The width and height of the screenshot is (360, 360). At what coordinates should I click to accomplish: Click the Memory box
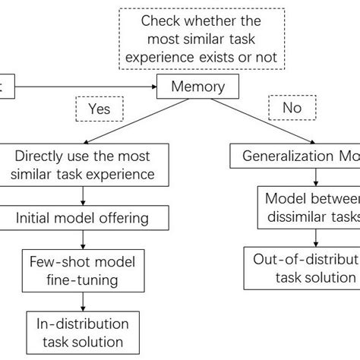click(x=198, y=87)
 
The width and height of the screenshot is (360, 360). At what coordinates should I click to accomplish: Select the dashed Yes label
click(x=99, y=109)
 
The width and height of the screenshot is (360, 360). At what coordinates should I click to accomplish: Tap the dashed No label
click(x=291, y=109)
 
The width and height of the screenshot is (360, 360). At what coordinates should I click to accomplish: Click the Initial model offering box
click(x=83, y=218)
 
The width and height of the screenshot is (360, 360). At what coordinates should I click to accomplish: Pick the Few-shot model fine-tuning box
click(x=82, y=272)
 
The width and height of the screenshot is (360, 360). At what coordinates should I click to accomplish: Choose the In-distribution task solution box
click(x=83, y=331)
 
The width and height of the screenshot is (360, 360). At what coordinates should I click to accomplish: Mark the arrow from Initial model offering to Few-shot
click(x=83, y=239)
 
